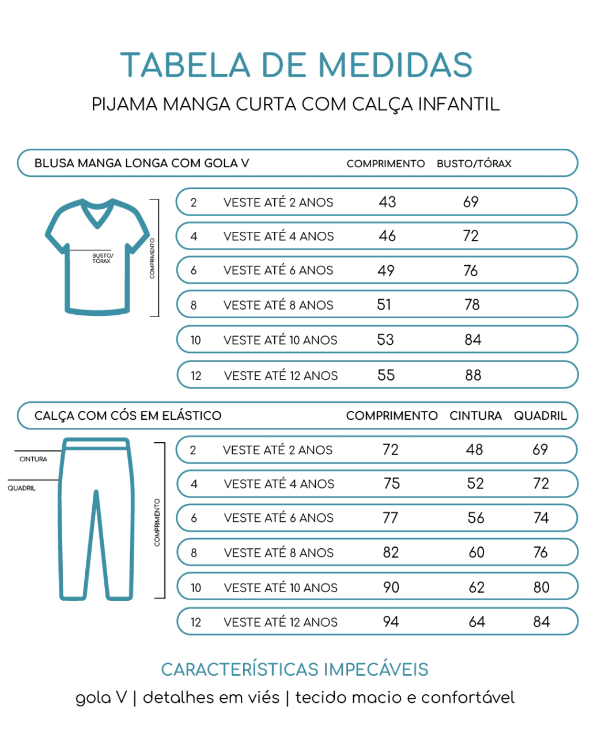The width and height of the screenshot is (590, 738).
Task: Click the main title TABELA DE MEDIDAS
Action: coord(296,65)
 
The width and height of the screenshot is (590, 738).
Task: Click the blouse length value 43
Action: coord(387,202)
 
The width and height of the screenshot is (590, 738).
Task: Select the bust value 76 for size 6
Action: coord(471,270)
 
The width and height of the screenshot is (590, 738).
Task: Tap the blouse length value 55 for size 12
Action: coord(386,375)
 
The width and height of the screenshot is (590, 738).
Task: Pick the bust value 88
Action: coord(473,375)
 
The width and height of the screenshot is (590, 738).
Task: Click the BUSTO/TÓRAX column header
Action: coord(474,164)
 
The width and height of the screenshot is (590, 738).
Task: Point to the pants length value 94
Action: coord(391,622)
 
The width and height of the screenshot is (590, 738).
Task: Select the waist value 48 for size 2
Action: coord(474,450)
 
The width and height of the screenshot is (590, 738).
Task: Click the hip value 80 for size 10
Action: coord(541,587)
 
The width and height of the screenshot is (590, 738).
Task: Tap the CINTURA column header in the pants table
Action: coord(475,416)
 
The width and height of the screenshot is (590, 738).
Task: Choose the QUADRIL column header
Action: coord(540,416)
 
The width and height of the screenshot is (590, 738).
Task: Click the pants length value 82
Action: coord(391,552)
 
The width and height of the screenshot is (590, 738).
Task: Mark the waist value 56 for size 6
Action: coord(475,518)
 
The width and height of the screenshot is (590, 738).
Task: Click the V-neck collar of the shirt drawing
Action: coord(97,216)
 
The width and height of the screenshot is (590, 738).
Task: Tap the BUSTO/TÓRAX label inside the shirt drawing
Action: coord(103,258)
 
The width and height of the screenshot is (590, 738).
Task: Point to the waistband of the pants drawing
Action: coord(96,445)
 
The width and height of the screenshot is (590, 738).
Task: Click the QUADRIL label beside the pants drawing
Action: coord(21,488)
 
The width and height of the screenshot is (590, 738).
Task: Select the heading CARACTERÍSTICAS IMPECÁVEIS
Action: coord(294,669)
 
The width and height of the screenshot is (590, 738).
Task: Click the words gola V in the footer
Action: coord(101,698)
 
